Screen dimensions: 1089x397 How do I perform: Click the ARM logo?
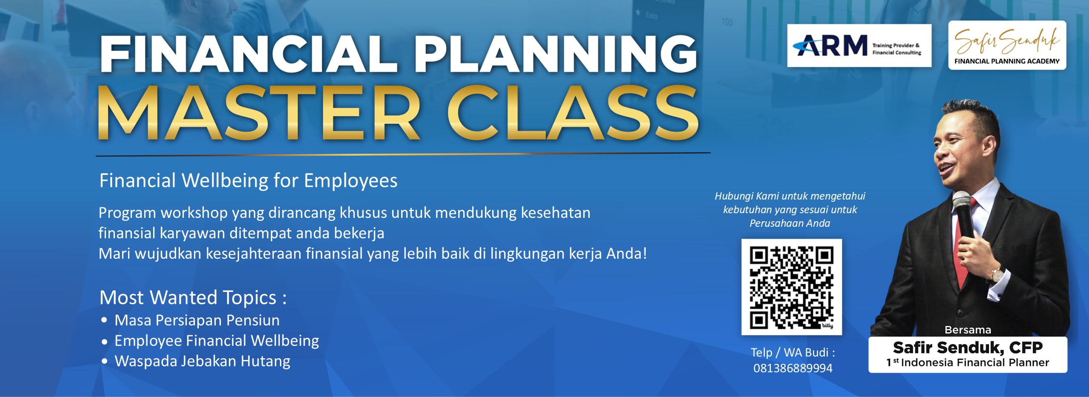pyautogui.click(x=859, y=46)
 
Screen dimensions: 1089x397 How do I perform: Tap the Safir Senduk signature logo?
pyautogui.click(x=1007, y=45)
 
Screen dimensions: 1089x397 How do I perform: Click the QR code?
pyautogui.click(x=792, y=287)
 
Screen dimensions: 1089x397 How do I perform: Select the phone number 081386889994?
pyautogui.click(x=793, y=368)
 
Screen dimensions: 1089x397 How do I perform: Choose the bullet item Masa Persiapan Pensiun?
pyautogui.click(x=197, y=320)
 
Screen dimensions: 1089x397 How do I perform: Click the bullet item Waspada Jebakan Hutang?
pyautogui.click(x=202, y=361)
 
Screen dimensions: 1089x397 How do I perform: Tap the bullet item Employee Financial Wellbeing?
pyautogui.click(x=217, y=341)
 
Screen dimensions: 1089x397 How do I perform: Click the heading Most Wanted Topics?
pyautogui.click(x=193, y=297)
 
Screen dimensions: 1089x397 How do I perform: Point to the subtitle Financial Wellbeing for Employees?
pyautogui.click(x=248, y=180)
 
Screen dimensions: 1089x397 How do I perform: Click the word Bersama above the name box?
pyautogui.click(x=968, y=330)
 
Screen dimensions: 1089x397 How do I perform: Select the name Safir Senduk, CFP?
pyautogui.click(x=968, y=348)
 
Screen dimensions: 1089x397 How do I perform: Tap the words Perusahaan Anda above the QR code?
pyautogui.click(x=790, y=223)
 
